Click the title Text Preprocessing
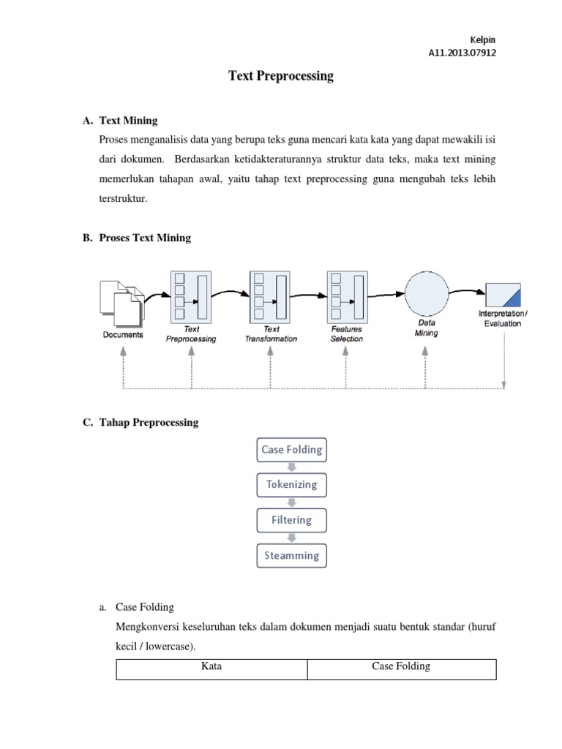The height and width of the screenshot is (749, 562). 281,75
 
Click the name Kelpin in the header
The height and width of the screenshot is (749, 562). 482,39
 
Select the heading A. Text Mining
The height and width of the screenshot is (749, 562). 120,120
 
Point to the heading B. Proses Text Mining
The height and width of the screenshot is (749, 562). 137,238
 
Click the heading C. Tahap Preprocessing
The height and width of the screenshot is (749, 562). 140,423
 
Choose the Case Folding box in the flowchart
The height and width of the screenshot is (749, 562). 291,449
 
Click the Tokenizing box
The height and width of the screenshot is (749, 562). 291,484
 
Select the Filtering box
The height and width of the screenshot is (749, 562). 291,520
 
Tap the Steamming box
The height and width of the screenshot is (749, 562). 291,555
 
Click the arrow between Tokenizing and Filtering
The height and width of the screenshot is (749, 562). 291,503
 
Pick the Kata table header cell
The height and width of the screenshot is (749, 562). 211,667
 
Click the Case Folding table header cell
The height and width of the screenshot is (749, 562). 401,666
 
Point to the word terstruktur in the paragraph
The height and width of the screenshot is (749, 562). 127,197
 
